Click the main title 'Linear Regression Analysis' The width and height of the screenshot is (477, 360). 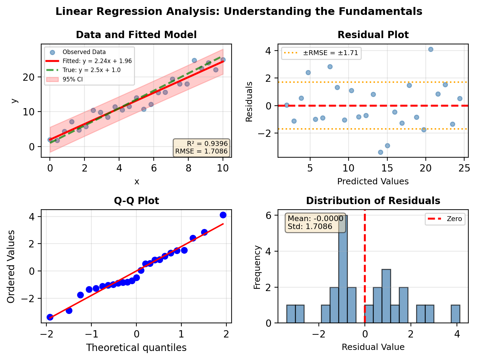click(238, 11)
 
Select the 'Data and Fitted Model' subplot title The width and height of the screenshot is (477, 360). click(136, 35)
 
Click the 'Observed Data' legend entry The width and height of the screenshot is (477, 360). click(84, 52)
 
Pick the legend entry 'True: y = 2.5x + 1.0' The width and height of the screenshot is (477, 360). click(91, 70)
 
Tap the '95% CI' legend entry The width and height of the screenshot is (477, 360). click(72, 79)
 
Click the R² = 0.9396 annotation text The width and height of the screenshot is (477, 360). click(207, 144)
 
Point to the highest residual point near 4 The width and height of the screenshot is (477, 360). click(431, 50)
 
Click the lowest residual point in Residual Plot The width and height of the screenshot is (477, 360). click(380, 152)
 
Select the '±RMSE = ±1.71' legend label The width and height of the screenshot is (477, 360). click(331, 53)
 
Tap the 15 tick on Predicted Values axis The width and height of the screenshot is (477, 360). click(387, 168)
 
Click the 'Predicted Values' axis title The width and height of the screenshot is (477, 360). click(373, 182)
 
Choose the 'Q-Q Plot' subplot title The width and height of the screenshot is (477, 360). click(136, 201)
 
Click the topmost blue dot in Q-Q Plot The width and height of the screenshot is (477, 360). click(223, 215)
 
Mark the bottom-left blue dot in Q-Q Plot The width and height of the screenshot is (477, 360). click(50, 317)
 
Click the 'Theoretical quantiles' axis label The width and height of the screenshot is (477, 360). click(136, 348)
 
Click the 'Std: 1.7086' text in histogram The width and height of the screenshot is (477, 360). click(310, 227)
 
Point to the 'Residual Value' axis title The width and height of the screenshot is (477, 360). click(373, 347)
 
